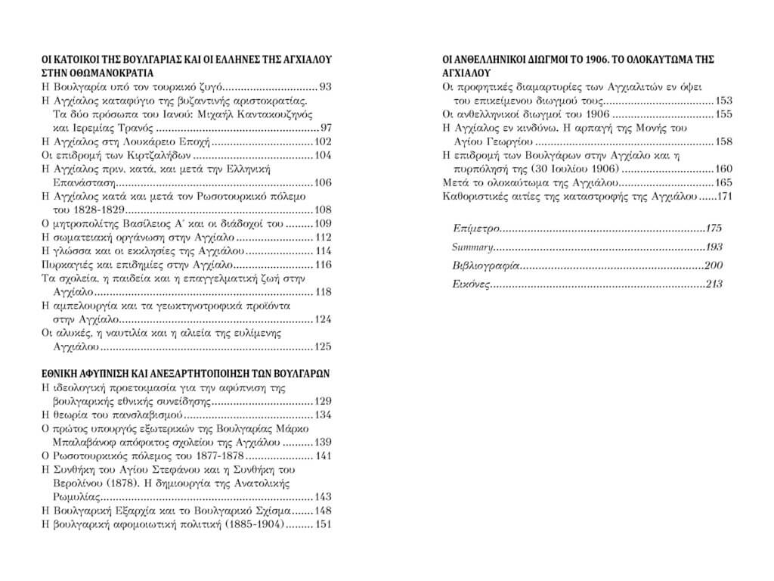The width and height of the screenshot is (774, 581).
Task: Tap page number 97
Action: click(326, 127)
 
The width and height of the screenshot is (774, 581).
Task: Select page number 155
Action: click(724, 114)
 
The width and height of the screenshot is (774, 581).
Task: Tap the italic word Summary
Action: click(473, 247)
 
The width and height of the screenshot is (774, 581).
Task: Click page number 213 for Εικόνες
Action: click(713, 284)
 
